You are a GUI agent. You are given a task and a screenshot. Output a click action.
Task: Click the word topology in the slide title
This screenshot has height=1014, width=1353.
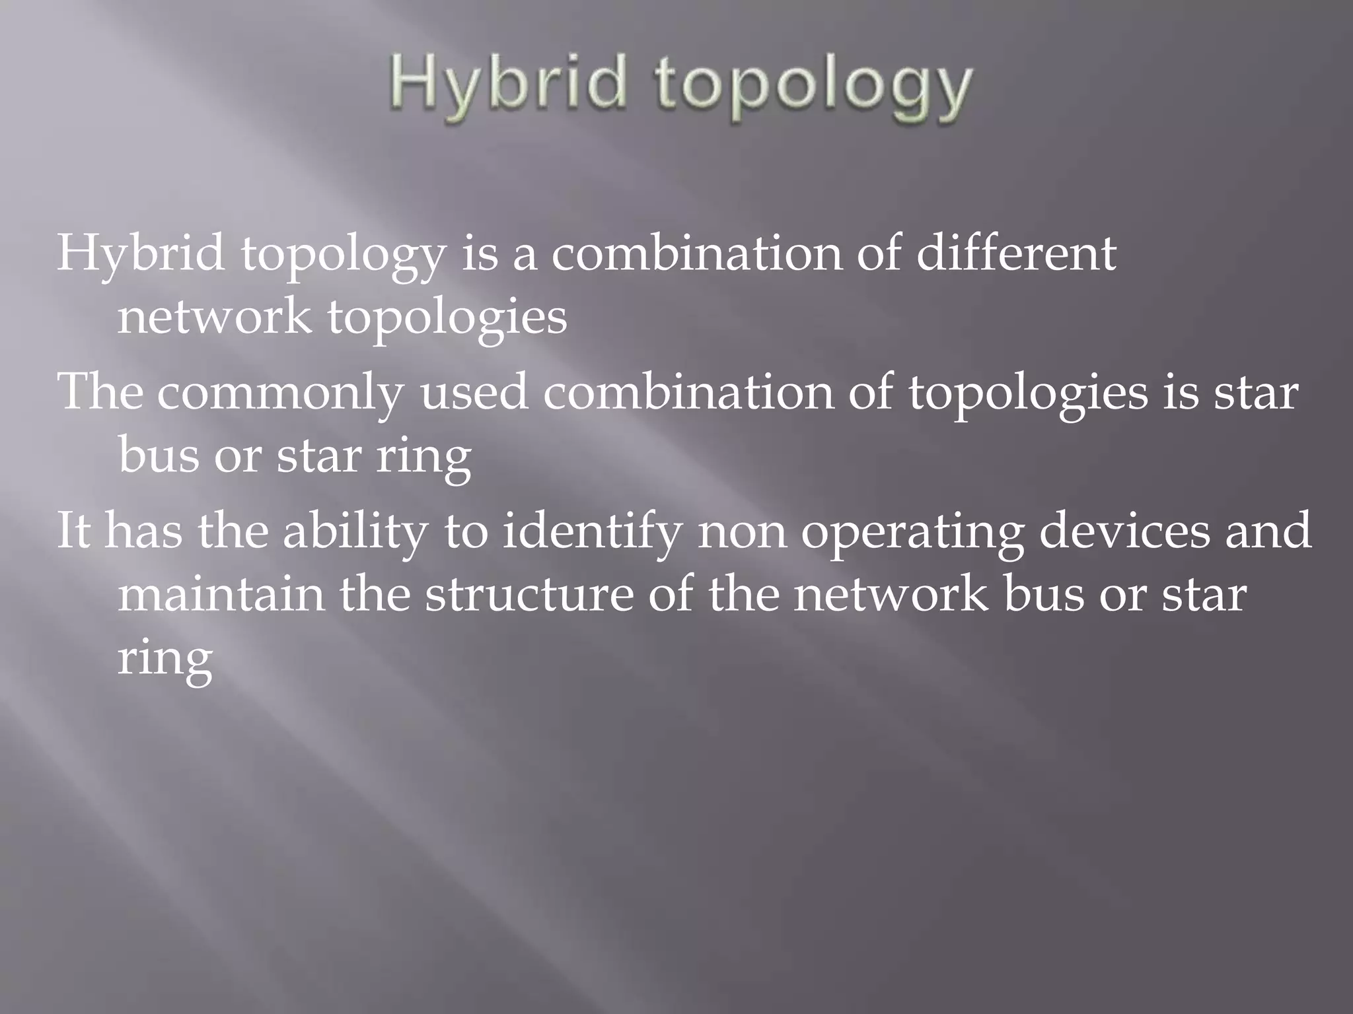point(814,88)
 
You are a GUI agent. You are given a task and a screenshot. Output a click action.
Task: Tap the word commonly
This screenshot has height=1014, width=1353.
point(279,392)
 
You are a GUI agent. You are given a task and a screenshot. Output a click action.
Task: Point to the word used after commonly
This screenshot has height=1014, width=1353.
point(474,391)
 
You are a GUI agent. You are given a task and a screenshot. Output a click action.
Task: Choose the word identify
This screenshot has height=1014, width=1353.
point(592,532)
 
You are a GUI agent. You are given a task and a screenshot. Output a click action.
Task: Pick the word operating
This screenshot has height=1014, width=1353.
point(912,532)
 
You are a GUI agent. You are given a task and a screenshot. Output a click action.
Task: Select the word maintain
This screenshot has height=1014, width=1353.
point(221,593)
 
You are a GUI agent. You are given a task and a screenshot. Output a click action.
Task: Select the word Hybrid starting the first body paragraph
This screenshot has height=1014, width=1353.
point(140,254)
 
